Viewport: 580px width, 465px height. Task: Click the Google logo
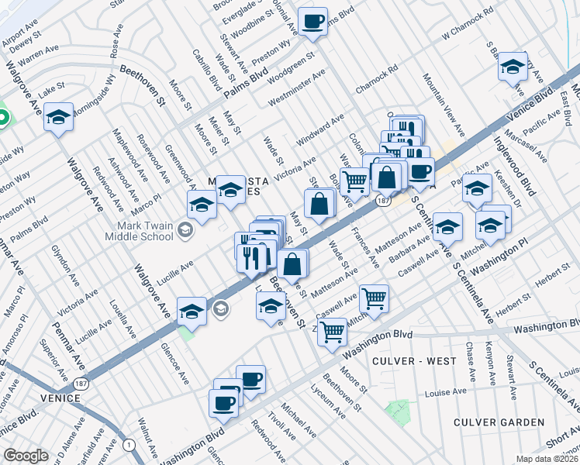[26, 456]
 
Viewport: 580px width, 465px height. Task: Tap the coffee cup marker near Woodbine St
[312, 22]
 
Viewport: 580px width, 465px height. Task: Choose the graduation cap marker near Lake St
[58, 118]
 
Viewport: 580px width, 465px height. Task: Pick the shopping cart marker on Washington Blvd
[332, 332]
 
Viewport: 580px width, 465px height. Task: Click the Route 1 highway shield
[129, 445]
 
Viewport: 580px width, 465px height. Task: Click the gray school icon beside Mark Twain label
[185, 229]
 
